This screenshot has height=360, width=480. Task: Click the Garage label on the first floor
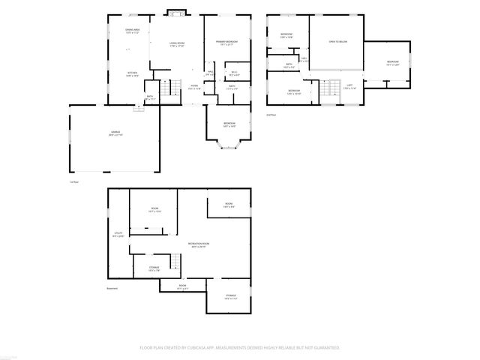[x=115, y=133]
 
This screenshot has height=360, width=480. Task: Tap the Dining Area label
[x=133, y=31]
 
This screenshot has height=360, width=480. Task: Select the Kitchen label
[x=132, y=74]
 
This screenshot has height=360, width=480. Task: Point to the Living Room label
[x=177, y=44]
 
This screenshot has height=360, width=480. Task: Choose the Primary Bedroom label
[x=226, y=42]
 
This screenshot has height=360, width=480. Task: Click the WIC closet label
[x=234, y=73]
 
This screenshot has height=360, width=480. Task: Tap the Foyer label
[x=193, y=87]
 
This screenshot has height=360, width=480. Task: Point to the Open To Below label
[x=337, y=42]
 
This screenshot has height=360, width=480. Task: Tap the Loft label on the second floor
[x=349, y=87]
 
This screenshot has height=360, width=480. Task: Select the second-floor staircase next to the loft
[x=328, y=88]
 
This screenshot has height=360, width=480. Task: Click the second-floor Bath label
[x=289, y=65]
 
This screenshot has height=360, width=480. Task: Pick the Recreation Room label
[x=199, y=244]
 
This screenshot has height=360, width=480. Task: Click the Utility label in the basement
[x=118, y=235]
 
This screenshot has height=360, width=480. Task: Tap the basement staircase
[x=174, y=262]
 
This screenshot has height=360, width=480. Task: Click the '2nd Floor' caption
[x=271, y=115]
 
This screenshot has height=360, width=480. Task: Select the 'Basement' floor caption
[x=112, y=289]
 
